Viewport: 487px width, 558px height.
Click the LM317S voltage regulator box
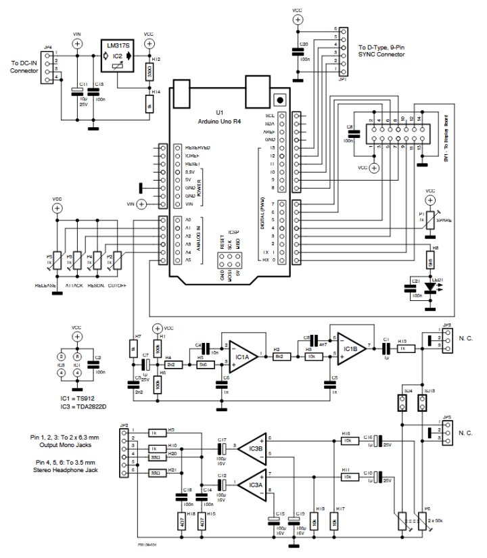pyautogui.click(x=118, y=55)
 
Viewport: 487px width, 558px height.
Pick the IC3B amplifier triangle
pyautogui.click(x=252, y=447)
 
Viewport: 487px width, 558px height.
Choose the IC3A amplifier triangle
pyautogui.click(x=252, y=483)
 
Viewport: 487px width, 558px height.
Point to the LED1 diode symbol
pyautogui.click(x=428, y=287)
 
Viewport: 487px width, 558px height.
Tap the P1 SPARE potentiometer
pyautogui.click(x=429, y=220)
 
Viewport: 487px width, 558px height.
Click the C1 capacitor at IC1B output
pyautogui.click(x=386, y=348)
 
